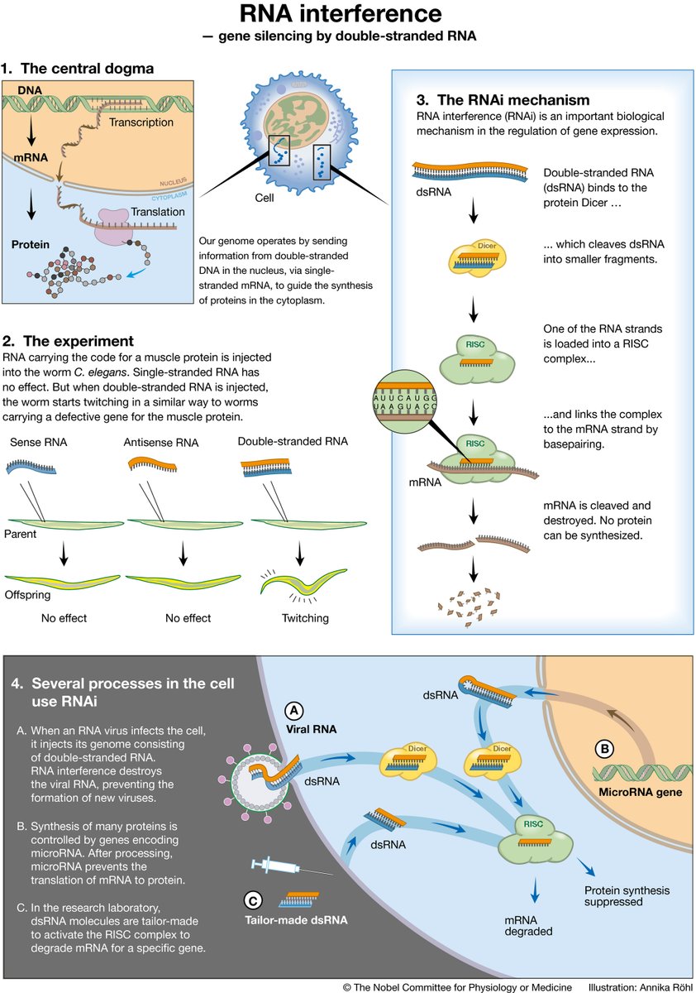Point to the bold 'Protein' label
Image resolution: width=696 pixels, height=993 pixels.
(x=31, y=245)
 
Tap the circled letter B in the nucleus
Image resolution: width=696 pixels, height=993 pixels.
(x=604, y=750)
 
